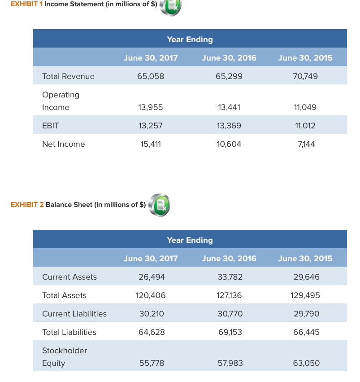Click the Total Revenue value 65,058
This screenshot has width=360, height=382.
pos(151,76)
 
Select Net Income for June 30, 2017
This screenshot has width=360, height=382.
pos(151,144)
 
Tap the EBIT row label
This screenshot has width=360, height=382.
pos(50,126)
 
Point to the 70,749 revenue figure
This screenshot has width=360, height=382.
pos(305,76)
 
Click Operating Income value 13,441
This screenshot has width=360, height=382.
pos(229,107)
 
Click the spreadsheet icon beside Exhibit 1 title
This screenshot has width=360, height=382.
pos(172,7)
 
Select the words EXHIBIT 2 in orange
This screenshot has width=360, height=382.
pos(27,205)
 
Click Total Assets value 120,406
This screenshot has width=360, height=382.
pos(151,295)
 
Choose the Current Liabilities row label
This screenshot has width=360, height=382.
pos(74,314)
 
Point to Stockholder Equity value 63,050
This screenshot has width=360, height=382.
pos(306,363)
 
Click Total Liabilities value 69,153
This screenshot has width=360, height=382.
pos(229,332)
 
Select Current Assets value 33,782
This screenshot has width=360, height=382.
pos(230,277)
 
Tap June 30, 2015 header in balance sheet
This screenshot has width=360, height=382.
pos(305,259)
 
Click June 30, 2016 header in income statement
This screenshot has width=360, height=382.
pos(229,58)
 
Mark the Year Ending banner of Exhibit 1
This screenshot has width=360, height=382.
pos(190,40)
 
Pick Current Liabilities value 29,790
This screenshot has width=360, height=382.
pos(306,314)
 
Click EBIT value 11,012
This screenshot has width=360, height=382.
pos(305,126)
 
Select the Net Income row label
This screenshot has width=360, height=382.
pos(63,144)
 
